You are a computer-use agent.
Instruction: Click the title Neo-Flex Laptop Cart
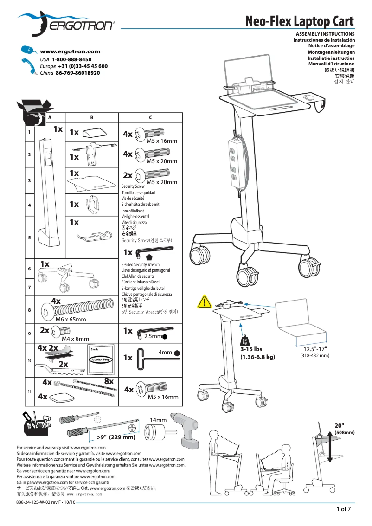(x=300, y=21)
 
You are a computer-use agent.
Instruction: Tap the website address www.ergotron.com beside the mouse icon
(x=70, y=52)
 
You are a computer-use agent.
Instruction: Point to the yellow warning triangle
(x=204, y=302)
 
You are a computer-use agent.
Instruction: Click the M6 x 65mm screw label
(x=71, y=320)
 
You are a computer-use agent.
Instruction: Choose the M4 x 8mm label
(x=75, y=339)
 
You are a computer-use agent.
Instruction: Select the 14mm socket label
(x=158, y=420)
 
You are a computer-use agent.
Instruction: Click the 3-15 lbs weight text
(x=251, y=349)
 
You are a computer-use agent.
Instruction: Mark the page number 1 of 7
(x=343, y=509)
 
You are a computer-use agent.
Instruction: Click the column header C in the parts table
(x=151, y=118)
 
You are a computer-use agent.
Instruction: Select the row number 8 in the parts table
(x=29, y=310)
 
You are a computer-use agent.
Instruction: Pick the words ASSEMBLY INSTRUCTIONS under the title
(x=325, y=34)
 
